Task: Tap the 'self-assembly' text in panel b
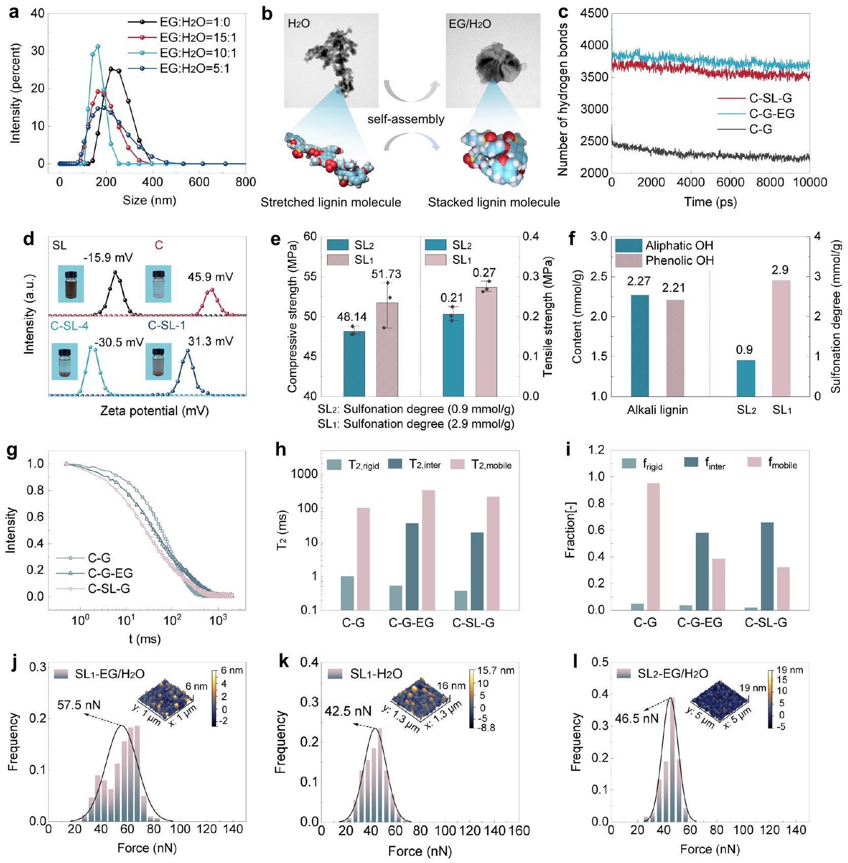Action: coord(406,119)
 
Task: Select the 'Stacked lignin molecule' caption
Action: coord(493,202)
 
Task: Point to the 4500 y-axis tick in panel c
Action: coord(594,14)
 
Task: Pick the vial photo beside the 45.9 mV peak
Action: coord(158,283)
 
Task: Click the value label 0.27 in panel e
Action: coord(484,273)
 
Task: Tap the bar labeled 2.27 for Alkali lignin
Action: coord(640,345)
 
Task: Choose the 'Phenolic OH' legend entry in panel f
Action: coord(679,261)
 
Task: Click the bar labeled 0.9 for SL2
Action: coord(746,378)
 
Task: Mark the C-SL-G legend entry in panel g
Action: coord(109,589)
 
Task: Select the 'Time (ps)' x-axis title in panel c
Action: coord(710,202)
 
